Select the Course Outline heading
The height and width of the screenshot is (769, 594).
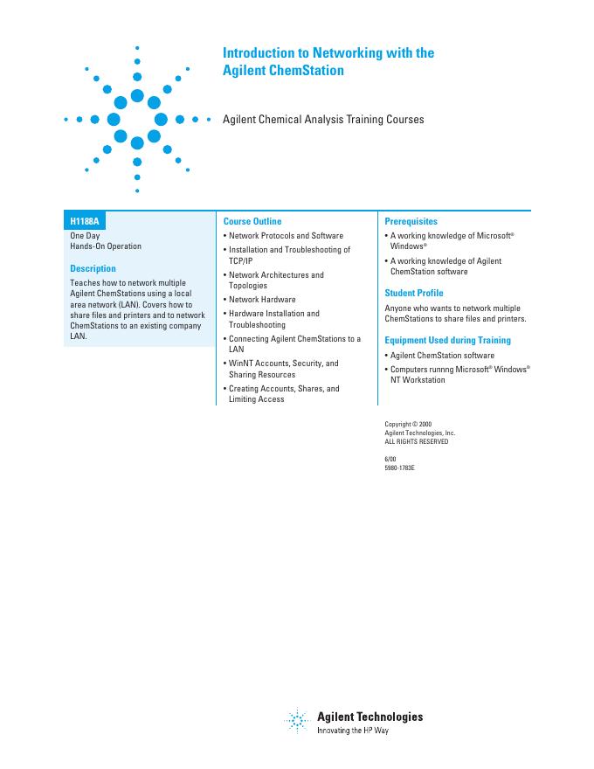[252, 222]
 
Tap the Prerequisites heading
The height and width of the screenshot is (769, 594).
[411, 222]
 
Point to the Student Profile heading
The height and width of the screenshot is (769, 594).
[414, 294]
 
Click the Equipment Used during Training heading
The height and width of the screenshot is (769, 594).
[448, 341]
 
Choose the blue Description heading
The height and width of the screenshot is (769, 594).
[93, 269]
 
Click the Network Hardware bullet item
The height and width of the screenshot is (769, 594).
[262, 300]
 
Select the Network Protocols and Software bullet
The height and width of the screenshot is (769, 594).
[286, 236]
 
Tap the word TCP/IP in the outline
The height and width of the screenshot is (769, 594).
[241, 260]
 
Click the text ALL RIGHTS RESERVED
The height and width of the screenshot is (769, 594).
[417, 442]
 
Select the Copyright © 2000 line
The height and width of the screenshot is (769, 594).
[408, 425]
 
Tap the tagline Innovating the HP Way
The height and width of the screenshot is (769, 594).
[352, 730]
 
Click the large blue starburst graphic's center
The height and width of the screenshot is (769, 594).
[137, 118]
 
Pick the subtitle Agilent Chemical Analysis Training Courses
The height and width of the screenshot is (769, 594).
[323, 120]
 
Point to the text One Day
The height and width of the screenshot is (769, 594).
[85, 236]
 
